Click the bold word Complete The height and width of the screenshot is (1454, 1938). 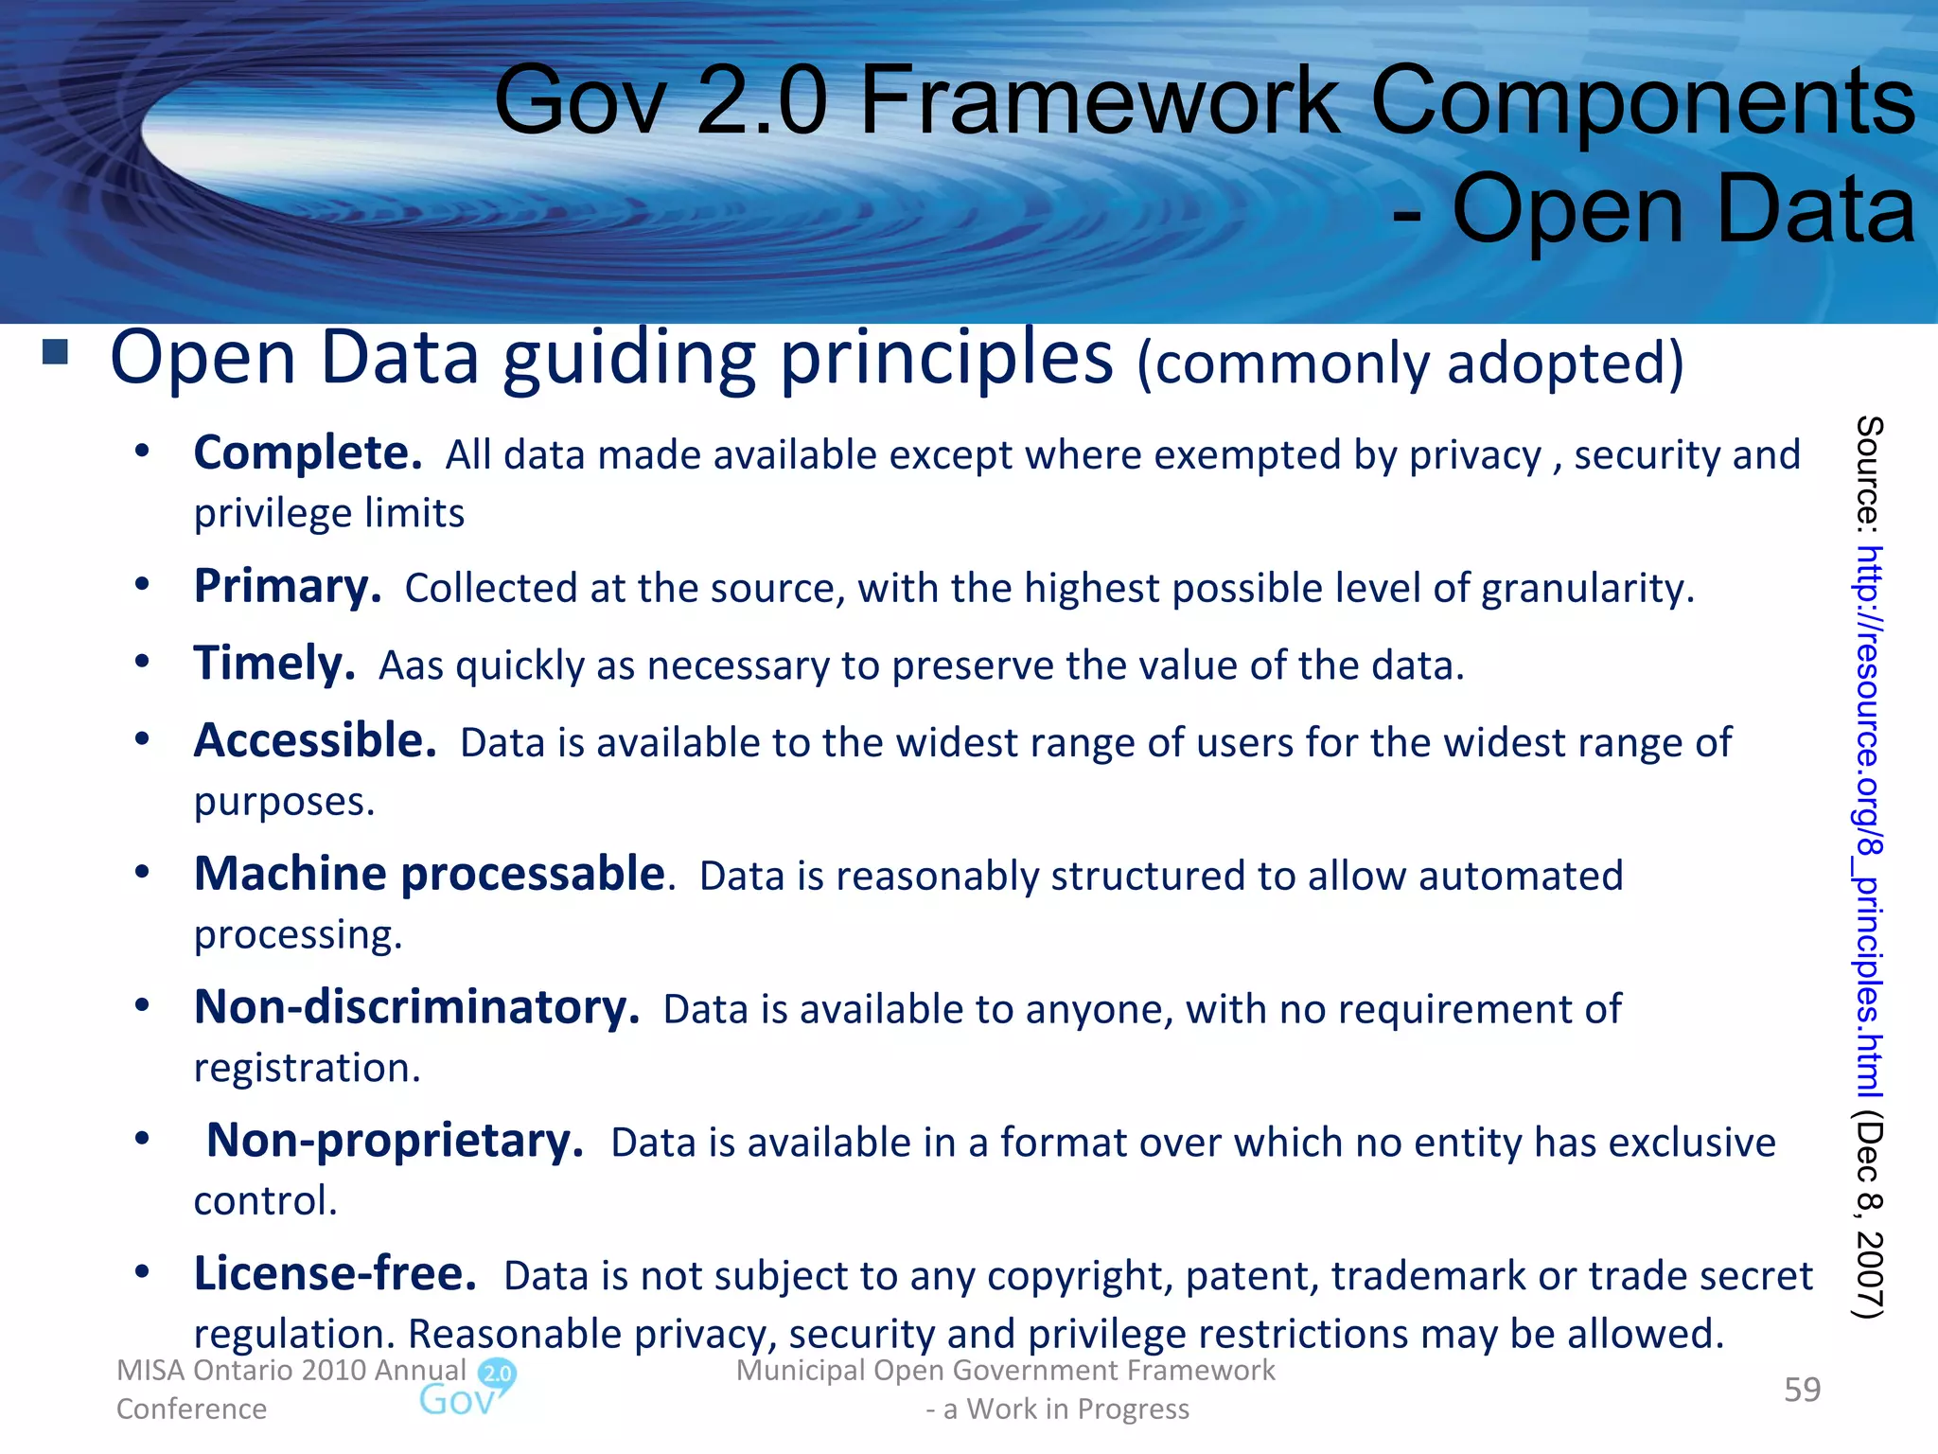308,453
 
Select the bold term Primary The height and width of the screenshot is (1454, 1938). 288,587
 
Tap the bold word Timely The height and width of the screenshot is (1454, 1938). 274,664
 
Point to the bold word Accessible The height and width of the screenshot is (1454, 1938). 315,741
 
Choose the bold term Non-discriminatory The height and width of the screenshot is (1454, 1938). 416,1007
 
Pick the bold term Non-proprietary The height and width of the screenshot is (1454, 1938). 395,1141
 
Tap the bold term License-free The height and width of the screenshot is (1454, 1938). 335,1274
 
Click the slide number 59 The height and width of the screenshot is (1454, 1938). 1802,1390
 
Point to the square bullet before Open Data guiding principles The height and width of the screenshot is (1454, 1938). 56,353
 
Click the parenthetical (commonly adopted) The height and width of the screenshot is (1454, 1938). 1410,363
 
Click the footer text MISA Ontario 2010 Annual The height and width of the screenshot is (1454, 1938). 291,1370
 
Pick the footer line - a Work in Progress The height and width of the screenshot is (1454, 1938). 1057,1409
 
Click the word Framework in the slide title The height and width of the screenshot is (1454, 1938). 1099,101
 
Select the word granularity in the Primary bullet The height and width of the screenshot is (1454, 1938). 1587,590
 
